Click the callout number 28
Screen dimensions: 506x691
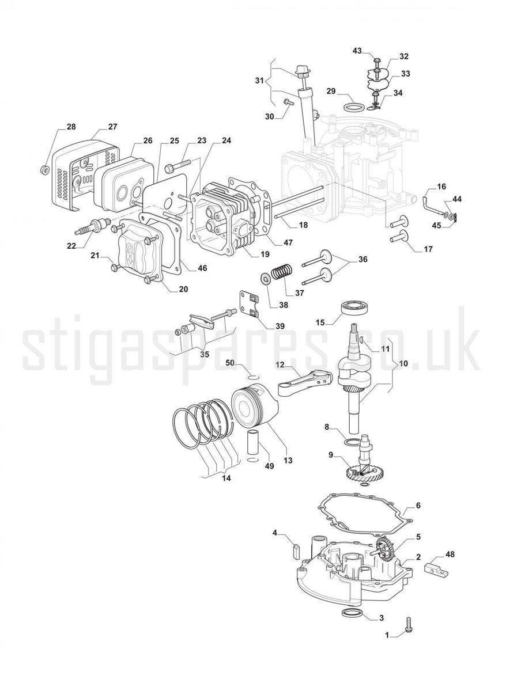(71, 127)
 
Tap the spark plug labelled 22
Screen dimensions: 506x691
(92, 224)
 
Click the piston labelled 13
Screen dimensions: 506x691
(255, 407)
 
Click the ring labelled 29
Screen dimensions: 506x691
(353, 107)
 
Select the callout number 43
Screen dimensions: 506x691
(357, 51)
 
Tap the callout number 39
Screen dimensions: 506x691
(280, 326)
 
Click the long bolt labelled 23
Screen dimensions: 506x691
(178, 165)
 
